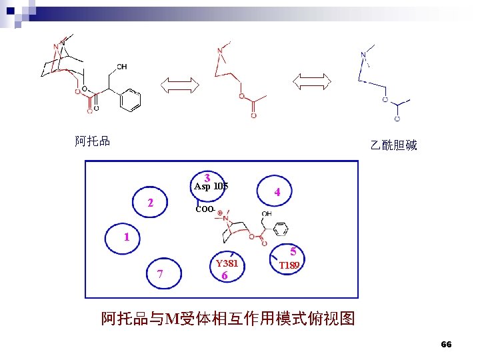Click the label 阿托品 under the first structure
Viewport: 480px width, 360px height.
pyautogui.click(x=92, y=141)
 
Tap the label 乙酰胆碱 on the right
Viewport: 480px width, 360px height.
pyautogui.click(x=393, y=145)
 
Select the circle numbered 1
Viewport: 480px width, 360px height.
pyautogui.click(x=125, y=238)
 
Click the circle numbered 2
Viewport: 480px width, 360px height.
pyautogui.click(x=152, y=202)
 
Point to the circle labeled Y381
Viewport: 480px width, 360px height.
pyautogui.click(x=227, y=269)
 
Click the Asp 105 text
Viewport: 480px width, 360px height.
pyautogui.click(x=211, y=187)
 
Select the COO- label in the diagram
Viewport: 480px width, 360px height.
pyautogui.click(x=205, y=209)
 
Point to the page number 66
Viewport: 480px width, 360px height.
pyautogui.click(x=446, y=345)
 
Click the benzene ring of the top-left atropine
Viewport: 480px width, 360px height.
pyautogui.click(x=131, y=100)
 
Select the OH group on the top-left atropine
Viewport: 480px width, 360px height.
pyautogui.click(x=121, y=67)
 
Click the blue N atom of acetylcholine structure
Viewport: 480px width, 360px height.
pyautogui.click(x=363, y=55)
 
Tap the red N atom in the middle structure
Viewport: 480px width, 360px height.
pyautogui.click(x=220, y=51)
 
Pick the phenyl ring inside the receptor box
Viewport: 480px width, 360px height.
pyautogui.click(x=281, y=230)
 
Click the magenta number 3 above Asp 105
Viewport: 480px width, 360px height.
pyautogui.click(x=209, y=178)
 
